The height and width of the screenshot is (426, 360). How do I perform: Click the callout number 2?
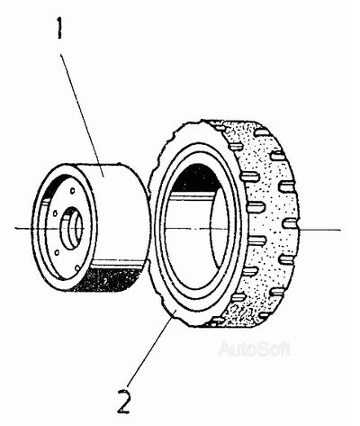pos(124,401)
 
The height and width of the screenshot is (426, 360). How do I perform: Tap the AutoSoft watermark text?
pos(255,349)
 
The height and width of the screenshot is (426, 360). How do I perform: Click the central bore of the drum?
pos(72,228)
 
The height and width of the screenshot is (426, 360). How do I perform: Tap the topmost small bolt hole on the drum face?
pos(72,190)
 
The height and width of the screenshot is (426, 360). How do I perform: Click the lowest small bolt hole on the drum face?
pos(77,267)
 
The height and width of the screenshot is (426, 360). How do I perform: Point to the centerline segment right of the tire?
pos(320,230)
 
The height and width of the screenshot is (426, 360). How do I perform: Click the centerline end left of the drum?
pos(15,229)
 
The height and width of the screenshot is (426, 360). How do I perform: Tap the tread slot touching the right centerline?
pos(292,223)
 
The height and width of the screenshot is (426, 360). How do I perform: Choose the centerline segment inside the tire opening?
pos(195,229)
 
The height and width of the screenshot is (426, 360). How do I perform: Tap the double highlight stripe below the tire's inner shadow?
pos(192,195)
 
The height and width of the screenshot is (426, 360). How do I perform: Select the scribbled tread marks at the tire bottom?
pos(243,313)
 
